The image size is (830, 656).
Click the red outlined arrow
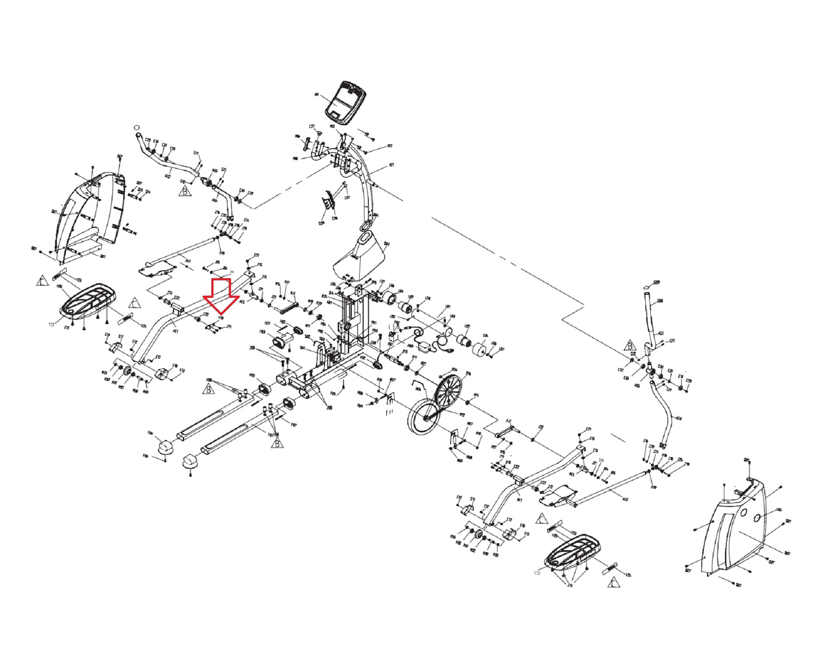coord(221,296)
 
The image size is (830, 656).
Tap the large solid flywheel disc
coord(424,419)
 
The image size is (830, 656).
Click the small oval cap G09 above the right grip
coord(647,287)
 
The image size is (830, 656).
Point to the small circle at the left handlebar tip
coord(137,127)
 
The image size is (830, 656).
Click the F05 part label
coord(333,393)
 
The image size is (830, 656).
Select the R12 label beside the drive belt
coord(462,414)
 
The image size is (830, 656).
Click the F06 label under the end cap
coord(146,456)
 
